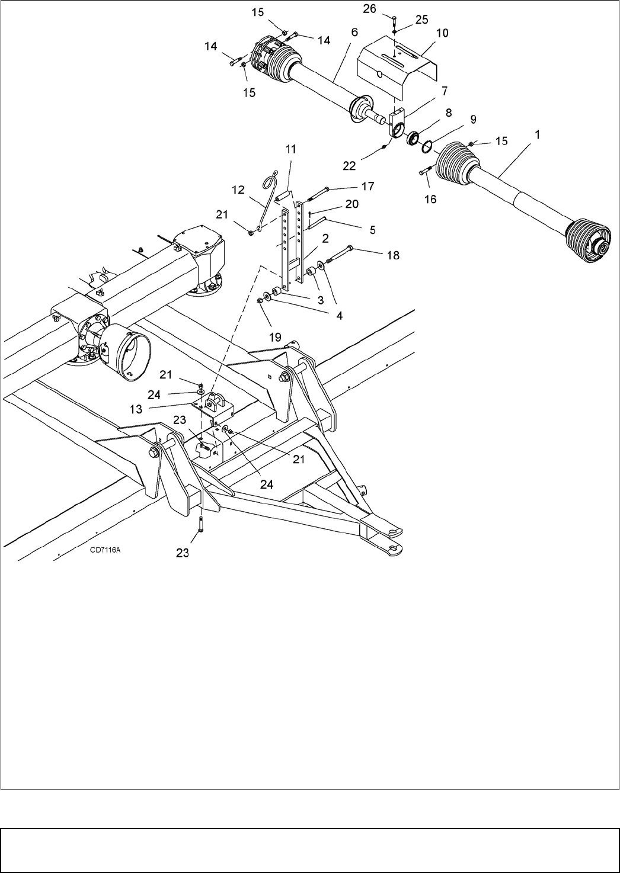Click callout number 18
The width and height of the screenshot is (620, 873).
tap(393, 255)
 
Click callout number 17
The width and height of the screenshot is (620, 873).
tap(367, 185)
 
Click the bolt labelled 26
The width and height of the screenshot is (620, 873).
tap(395, 24)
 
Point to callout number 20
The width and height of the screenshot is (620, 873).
tap(351, 203)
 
